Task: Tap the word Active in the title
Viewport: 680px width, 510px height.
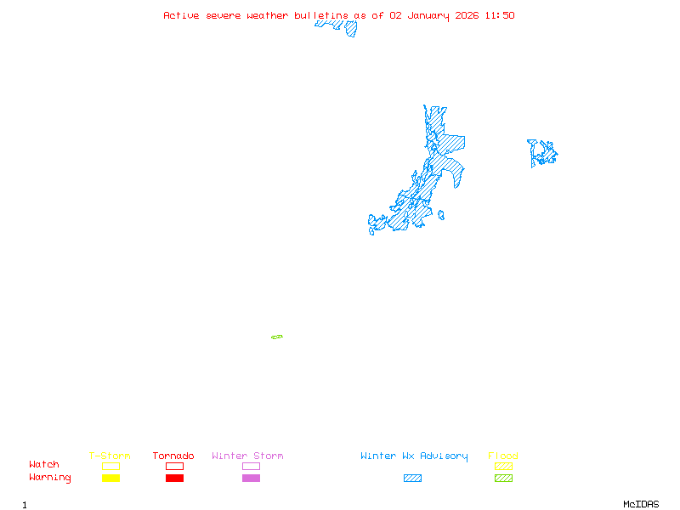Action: [x=182, y=15]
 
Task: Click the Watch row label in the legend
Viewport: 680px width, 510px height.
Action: [x=44, y=465]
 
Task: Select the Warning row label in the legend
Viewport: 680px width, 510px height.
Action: [x=50, y=478]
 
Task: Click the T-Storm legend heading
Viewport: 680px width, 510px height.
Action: [x=110, y=456]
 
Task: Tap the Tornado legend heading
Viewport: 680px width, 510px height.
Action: [x=173, y=456]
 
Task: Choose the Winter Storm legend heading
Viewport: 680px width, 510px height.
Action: [x=247, y=456]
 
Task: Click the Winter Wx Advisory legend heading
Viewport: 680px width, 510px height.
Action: [x=414, y=456]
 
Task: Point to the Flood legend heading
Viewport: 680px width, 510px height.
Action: [x=503, y=456]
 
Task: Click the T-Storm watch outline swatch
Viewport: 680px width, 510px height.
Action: [x=110, y=466]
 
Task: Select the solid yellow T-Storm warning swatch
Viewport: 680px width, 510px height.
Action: [x=110, y=479]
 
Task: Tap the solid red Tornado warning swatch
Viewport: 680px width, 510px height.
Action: [x=174, y=479]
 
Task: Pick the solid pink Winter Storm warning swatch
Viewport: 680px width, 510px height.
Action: [x=251, y=479]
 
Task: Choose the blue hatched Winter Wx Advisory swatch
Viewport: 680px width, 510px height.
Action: [x=412, y=479]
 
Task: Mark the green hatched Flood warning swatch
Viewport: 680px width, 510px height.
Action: [x=503, y=479]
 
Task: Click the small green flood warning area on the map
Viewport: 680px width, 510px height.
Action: [x=277, y=337]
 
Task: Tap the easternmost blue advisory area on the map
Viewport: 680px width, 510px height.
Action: [x=542, y=153]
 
